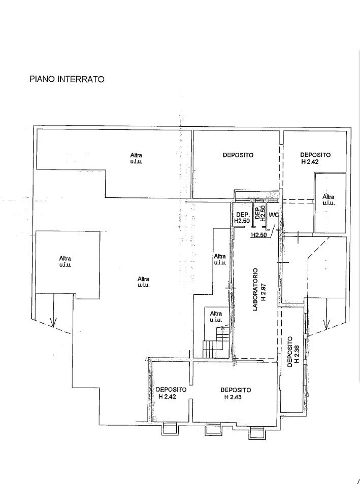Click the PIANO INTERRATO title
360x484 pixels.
[67, 79]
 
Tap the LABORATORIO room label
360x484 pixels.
[255, 289]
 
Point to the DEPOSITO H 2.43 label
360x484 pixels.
[236, 394]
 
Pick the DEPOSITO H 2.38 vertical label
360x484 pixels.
[293, 352]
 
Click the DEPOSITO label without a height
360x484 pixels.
[238, 155]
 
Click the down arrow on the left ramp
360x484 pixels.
[53, 310]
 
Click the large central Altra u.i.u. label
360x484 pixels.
[144, 282]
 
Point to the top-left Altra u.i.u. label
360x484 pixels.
[136, 158]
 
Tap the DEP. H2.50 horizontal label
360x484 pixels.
[242, 218]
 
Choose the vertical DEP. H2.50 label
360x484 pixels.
[259, 213]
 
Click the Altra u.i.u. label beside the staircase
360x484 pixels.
[216, 317]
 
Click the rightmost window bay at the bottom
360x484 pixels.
[256, 433]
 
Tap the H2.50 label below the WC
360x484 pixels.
[258, 235]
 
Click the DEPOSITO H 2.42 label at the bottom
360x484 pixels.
[171, 393]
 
